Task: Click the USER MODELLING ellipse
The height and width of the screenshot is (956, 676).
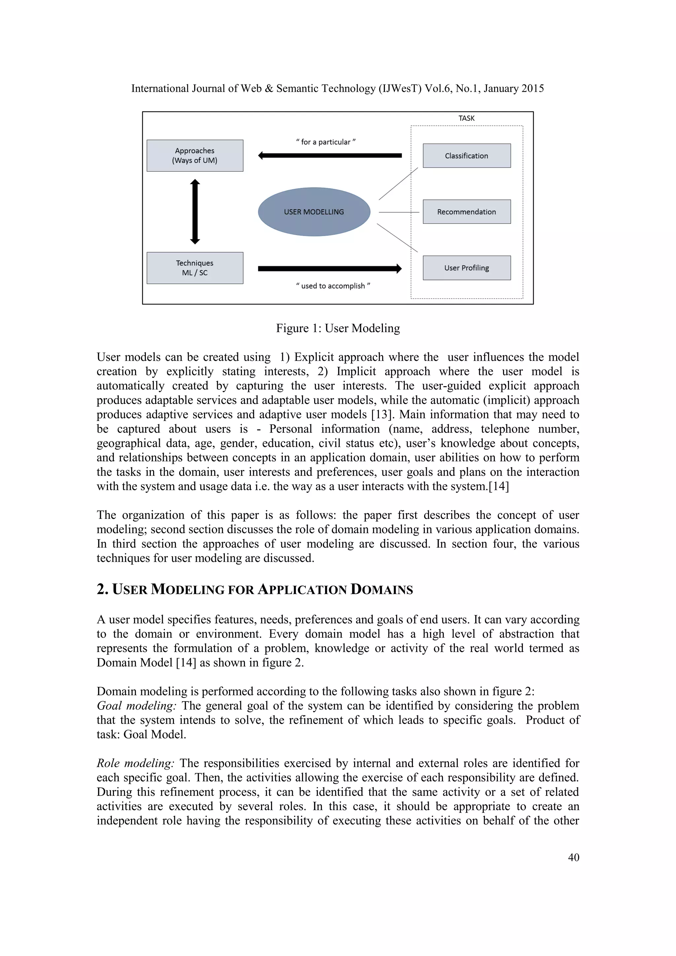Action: click(314, 212)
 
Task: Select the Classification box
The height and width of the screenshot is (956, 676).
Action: click(467, 156)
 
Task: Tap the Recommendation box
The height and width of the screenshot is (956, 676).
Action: click(467, 212)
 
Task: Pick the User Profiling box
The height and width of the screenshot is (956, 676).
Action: click(467, 268)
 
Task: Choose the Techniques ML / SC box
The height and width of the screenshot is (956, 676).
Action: click(195, 268)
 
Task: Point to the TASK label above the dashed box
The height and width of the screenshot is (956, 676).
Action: click(466, 118)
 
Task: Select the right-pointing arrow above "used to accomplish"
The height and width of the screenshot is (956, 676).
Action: click(330, 269)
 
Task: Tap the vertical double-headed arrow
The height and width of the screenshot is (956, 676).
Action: click(195, 212)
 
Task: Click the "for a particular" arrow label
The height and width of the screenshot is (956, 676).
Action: click(325, 142)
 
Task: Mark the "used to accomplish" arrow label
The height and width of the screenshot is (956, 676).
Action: click(333, 286)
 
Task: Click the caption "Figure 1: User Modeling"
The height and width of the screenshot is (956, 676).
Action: click(338, 328)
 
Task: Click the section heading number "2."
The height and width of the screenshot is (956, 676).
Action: click(102, 589)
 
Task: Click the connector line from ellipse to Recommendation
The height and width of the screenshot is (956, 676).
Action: click(399, 212)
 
